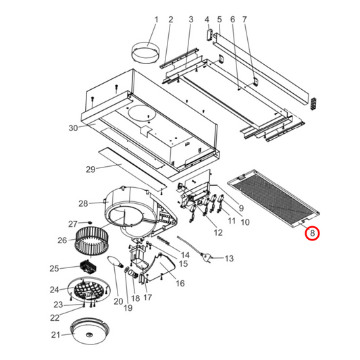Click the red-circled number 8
[312, 234]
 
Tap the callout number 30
[74, 128]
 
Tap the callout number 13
[229, 258]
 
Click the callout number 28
[83, 203]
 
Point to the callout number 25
[55, 269]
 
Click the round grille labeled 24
[91, 292]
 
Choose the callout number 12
[217, 232]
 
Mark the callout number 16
[180, 283]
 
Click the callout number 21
[56, 334]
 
